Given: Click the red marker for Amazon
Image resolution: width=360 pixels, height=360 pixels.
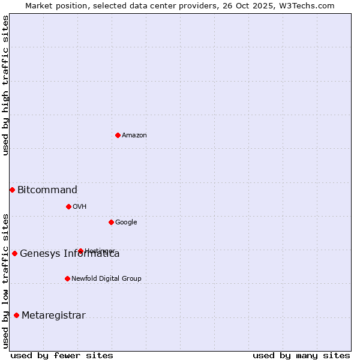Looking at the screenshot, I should [118, 135].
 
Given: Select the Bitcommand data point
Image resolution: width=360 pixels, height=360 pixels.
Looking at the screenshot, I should [12, 190].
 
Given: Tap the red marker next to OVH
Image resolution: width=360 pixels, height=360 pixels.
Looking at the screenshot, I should [68, 206].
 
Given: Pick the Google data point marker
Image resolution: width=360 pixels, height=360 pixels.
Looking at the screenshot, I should [111, 222].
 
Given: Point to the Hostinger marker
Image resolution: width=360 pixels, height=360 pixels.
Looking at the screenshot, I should [80, 251].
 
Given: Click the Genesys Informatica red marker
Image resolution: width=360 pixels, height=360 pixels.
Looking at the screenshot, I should [14, 253].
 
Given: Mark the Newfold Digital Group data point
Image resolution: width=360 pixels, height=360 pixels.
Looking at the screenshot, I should [67, 278].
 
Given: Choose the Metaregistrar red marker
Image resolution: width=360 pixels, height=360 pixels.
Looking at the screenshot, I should [16, 315].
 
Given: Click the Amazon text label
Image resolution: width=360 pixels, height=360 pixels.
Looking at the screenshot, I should [134, 136].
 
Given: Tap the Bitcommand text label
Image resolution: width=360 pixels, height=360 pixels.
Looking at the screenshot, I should [47, 190].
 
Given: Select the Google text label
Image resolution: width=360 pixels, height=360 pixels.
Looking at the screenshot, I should [126, 223].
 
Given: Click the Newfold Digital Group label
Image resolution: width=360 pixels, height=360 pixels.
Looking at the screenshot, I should [106, 279].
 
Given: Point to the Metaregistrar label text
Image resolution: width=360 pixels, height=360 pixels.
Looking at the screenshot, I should [53, 316].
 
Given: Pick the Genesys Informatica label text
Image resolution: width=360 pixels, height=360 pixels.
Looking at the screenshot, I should [70, 254].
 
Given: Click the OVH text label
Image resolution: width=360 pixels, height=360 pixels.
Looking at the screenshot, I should [80, 207].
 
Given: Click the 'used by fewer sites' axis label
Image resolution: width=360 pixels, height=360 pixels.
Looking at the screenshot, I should [62, 355].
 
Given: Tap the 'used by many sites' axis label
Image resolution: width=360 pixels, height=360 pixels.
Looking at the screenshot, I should [301, 355].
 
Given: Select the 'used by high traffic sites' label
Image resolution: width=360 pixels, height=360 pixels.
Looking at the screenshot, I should [6, 85].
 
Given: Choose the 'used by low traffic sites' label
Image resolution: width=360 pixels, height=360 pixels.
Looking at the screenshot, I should [6, 280].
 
